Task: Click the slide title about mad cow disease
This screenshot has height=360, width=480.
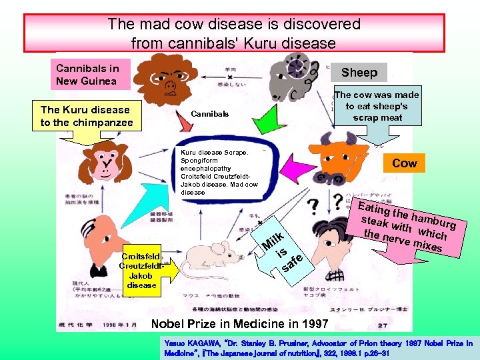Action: [x=234, y=33]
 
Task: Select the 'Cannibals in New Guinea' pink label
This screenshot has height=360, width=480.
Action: [x=87, y=75]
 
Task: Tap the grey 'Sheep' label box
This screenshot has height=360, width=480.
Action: [x=359, y=72]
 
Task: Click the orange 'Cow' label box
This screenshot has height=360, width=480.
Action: [x=405, y=163]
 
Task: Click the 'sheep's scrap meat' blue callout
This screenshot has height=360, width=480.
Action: [x=377, y=106]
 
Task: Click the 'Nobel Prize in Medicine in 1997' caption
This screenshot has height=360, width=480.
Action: [x=240, y=324]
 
